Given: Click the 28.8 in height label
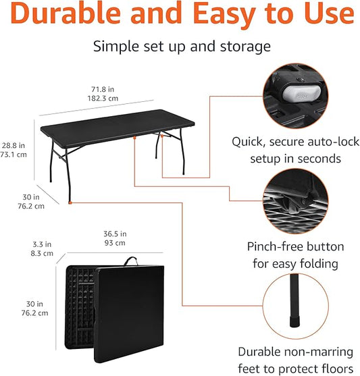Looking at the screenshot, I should pos(14,144).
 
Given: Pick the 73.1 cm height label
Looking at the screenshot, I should pos(14,155).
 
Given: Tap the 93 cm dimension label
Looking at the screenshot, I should pos(115,243).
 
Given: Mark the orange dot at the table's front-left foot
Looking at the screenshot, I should pos(71,200).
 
